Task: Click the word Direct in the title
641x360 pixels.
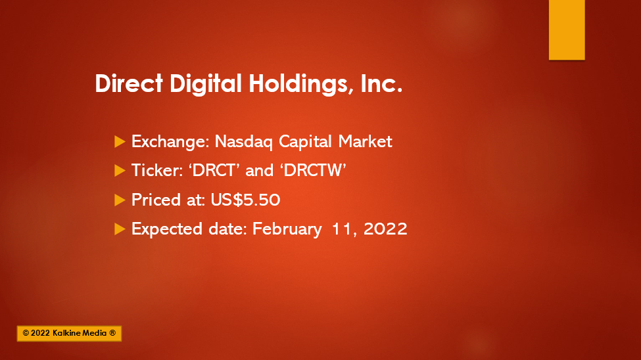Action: click(x=129, y=83)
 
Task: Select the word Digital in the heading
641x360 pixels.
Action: click(x=206, y=84)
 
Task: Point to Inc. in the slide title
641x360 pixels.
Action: click(x=382, y=83)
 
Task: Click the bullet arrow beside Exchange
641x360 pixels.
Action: click(x=120, y=142)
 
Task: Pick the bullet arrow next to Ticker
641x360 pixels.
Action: click(x=120, y=171)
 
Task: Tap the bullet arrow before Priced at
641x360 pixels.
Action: click(x=120, y=200)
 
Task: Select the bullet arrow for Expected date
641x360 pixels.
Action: click(x=120, y=229)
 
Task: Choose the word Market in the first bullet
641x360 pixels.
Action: click(x=365, y=141)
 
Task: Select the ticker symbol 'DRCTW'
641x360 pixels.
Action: click(x=314, y=170)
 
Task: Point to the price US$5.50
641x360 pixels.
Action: click(x=245, y=200)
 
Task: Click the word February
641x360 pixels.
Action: click(x=287, y=229)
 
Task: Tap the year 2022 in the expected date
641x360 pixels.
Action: click(x=385, y=229)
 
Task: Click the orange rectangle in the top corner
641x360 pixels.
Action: click(x=567, y=30)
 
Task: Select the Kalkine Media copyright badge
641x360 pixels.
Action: click(x=69, y=334)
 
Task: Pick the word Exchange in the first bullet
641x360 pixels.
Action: click(x=170, y=142)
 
